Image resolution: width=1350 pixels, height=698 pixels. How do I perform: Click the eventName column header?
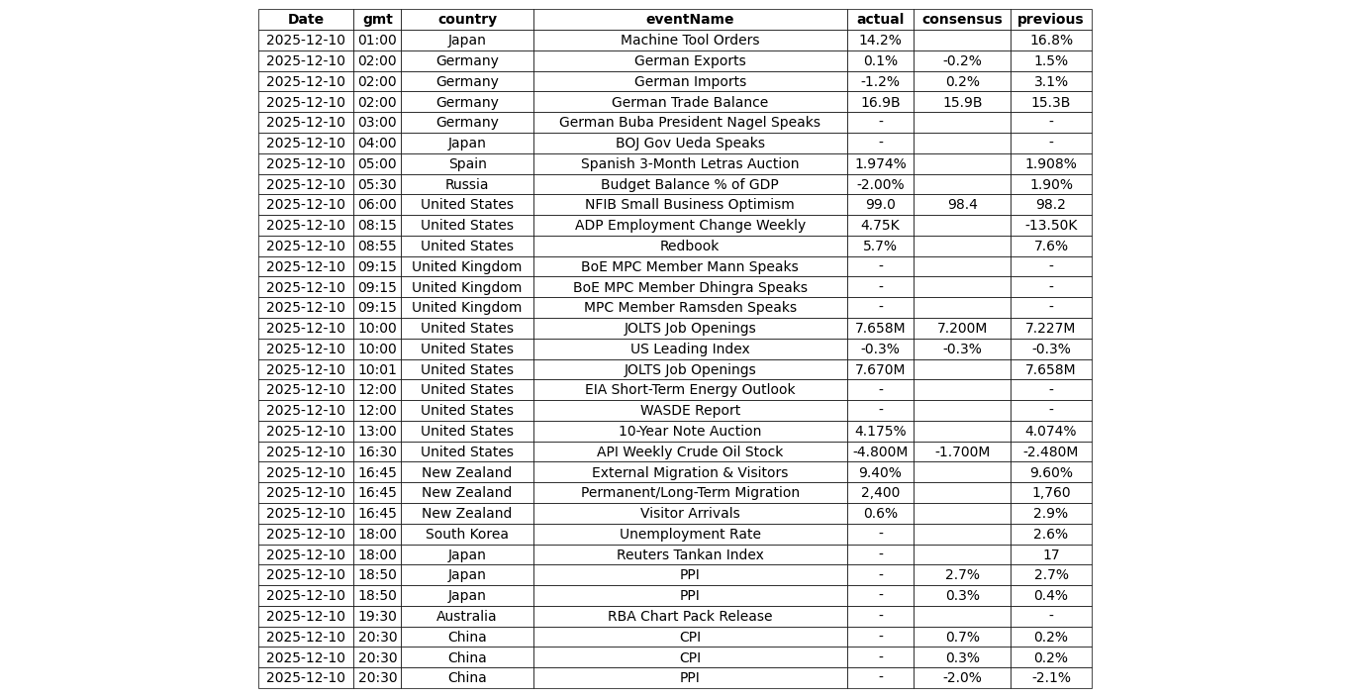coord(690,20)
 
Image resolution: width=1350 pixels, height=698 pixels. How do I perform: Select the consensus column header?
coord(961,20)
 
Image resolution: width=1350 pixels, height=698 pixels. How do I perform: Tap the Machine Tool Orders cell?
coord(690,41)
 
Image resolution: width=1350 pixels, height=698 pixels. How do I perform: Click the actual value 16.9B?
coord(880,102)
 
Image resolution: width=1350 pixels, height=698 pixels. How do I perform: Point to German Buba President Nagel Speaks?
coord(690,123)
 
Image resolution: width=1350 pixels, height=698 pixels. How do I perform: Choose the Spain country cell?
coord(467,164)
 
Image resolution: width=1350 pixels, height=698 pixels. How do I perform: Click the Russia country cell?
coord(467,184)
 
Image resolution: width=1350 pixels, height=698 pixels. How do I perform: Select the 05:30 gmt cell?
coord(377,184)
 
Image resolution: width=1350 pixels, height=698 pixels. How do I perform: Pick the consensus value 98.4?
coord(961,205)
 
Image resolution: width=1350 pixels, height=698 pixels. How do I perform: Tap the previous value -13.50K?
coord(1050,226)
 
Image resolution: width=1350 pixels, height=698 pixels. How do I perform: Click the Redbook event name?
coord(690,247)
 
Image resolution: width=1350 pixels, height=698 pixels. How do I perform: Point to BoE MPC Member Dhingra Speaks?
coord(690,287)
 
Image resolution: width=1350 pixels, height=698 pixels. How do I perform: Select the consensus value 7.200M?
coord(961,329)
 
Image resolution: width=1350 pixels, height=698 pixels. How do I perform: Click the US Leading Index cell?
coord(690,349)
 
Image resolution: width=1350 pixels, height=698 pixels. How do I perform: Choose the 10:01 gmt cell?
coord(377,369)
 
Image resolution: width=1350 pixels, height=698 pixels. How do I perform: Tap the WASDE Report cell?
coord(690,411)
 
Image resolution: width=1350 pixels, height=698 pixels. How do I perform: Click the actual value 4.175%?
coord(880,432)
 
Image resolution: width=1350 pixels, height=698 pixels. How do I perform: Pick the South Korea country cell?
coord(467,535)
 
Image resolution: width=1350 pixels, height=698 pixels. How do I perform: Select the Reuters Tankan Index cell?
coord(690,554)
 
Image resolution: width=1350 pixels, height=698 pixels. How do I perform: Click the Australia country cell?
coord(467,617)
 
